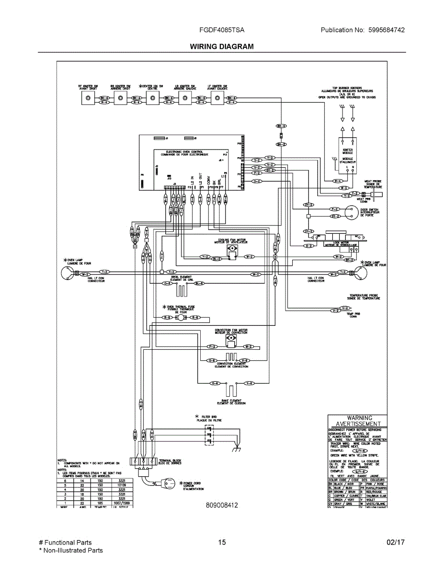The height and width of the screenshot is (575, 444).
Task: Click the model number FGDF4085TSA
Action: pos(222,30)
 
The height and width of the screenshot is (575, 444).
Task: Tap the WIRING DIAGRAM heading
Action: pos(222,46)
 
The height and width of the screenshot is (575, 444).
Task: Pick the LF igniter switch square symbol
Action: pos(217,99)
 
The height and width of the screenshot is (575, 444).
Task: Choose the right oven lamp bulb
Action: pos(363,273)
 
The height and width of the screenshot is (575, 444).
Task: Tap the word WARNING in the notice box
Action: pos(359,418)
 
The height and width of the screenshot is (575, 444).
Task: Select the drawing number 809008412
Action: pos(222,505)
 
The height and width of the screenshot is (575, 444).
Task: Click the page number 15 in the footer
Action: pos(222,542)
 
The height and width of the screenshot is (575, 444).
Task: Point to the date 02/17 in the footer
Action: pos(396,542)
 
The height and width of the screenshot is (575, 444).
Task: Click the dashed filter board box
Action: pos(209,435)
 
